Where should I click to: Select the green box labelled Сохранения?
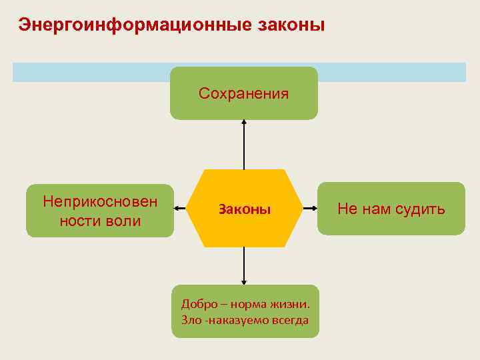click(x=244, y=93)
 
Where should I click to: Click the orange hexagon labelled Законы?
click(x=244, y=209)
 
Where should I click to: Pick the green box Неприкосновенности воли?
click(x=100, y=211)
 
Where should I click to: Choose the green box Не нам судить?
click(x=391, y=209)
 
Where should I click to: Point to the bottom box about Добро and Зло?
click(x=245, y=311)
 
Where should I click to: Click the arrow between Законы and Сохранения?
click(x=244, y=145)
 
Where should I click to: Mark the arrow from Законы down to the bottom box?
click(x=244, y=266)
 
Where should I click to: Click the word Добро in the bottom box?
click(x=199, y=304)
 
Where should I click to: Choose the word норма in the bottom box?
click(x=249, y=304)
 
